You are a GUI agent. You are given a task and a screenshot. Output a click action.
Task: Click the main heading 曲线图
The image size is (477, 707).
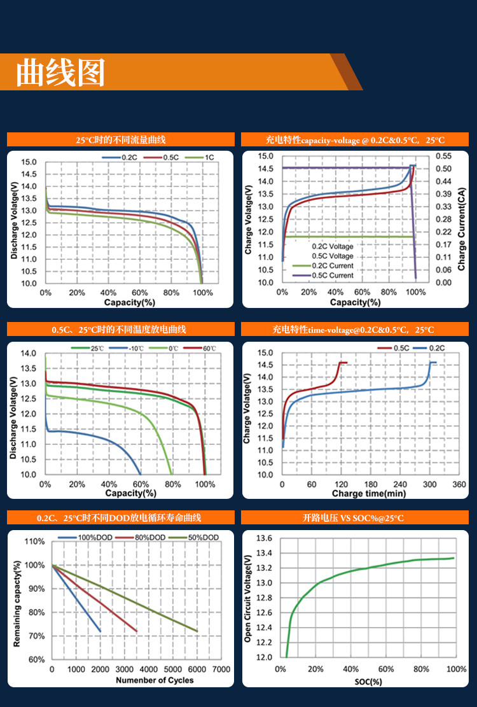coord(60,73)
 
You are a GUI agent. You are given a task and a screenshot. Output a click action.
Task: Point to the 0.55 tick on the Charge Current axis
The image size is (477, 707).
coord(443,157)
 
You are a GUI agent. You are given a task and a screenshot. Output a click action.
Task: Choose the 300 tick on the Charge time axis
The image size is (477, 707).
coord(429,485)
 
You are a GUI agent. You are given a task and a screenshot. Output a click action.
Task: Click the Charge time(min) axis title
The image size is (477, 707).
coord(369,494)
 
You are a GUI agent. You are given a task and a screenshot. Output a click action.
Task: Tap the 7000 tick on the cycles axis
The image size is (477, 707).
coord(221,670)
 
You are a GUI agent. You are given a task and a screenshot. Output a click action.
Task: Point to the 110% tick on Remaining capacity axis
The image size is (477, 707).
coord(35,542)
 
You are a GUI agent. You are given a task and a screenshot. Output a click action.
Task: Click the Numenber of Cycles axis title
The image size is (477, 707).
coord(155,680)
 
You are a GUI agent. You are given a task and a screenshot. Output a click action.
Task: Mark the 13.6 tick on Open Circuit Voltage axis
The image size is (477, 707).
coord(264,538)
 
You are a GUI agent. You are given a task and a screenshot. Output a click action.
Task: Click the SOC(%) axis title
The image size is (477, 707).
coord(368,682)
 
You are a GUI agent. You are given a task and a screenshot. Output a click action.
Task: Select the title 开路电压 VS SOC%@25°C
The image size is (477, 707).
coord(354,518)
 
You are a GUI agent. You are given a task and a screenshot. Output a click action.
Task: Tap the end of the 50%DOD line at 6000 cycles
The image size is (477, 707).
coord(197,631)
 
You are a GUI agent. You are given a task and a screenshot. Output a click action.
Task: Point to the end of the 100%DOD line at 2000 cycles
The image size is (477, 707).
coord(100,631)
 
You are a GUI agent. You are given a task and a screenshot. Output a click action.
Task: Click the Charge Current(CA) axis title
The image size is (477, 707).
coord(462,220)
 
